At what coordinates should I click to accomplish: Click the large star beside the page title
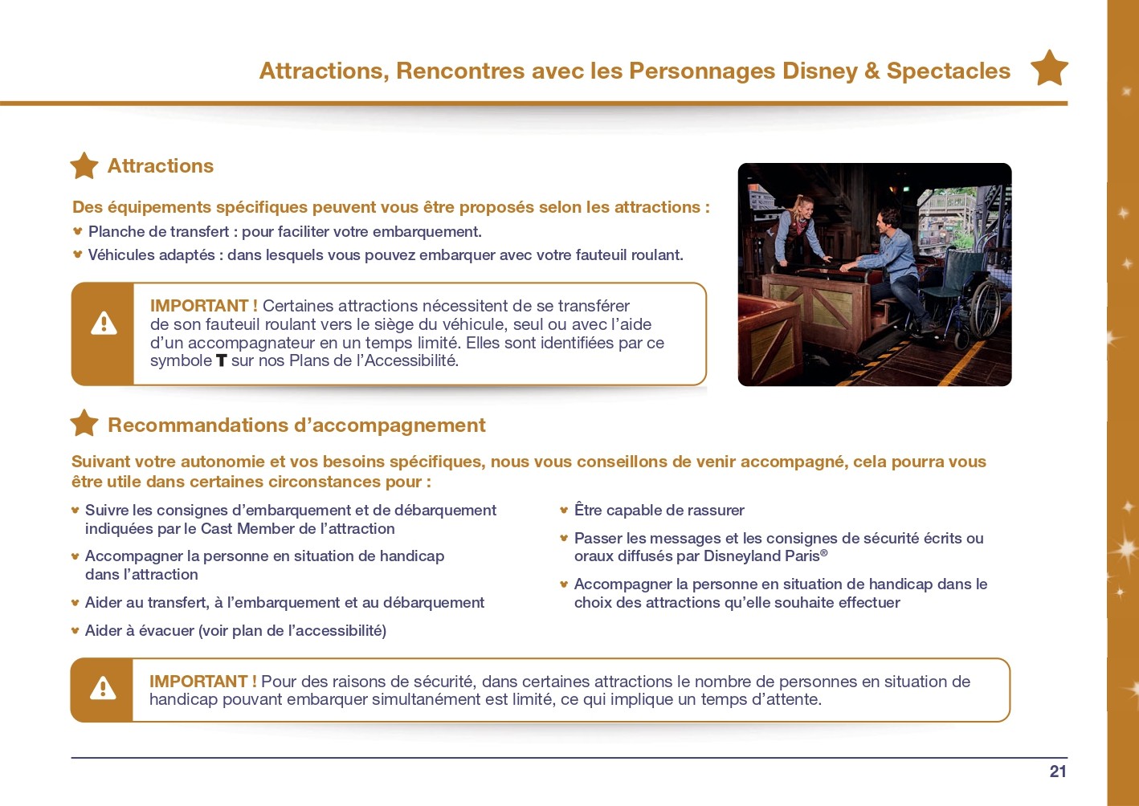pos(1050,68)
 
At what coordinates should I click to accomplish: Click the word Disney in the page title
pos(819,71)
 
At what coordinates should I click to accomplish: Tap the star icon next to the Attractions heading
pos(84,165)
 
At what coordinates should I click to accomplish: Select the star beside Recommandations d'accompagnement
pos(84,423)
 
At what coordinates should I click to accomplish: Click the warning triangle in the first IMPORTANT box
pos(104,324)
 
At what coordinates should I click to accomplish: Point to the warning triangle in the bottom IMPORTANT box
pos(104,688)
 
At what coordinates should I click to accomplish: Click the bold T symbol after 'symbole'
pos(221,360)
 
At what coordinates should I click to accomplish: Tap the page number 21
pos(1058,771)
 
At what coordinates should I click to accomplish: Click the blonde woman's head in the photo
pos(803,208)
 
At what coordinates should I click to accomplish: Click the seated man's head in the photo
pos(888,222)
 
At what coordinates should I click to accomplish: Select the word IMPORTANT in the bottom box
pos(198,682)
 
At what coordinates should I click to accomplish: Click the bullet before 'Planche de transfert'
pos(78,231)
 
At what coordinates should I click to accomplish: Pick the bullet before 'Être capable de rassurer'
pos(563,510)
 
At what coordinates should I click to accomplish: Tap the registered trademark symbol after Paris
pos(824,552)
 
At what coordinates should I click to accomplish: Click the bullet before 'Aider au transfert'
pos(76,603)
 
